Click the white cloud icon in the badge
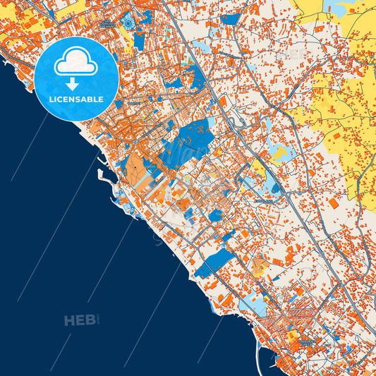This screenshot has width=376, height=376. click(75, 61)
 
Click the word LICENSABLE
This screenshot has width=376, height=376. click(75, 99)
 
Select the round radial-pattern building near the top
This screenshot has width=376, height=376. click(129, 22)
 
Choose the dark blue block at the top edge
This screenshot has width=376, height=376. click(230, 19)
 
